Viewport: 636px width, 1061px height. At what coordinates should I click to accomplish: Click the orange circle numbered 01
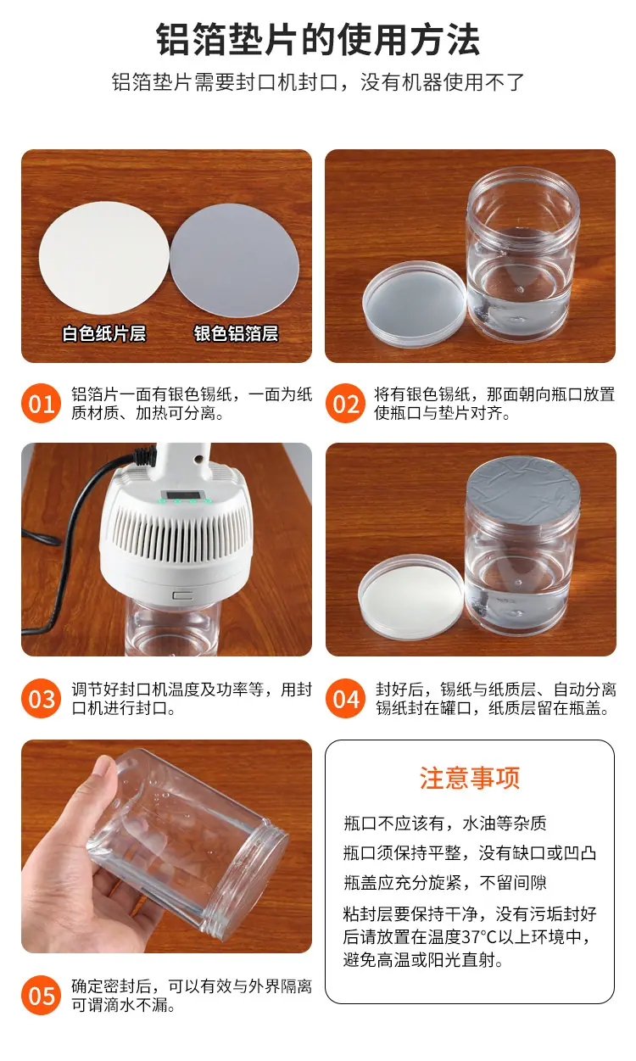[42, 403]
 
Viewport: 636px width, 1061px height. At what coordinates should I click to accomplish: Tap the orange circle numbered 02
[345, 403]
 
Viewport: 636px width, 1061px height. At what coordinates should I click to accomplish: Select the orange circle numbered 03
[42, 698]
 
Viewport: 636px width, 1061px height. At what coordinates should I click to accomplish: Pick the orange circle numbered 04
[345, 698]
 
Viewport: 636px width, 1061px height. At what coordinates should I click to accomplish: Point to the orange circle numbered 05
[42, 995]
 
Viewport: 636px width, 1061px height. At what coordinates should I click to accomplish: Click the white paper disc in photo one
[103, 258]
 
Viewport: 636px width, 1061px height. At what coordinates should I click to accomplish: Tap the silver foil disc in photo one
[235, 260]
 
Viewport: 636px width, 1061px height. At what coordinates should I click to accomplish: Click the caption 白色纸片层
[104, 333]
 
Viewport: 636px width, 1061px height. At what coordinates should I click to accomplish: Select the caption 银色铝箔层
[236, 333]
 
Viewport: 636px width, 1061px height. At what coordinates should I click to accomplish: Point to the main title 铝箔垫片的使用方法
[318, 40]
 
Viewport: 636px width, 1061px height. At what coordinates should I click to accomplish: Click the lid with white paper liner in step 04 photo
[410, 597]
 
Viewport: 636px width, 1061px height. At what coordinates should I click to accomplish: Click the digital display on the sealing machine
[186, 495]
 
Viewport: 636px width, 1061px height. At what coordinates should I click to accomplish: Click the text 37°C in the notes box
[479, 936]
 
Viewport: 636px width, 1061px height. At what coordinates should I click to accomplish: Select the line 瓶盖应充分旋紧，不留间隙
[444, 882]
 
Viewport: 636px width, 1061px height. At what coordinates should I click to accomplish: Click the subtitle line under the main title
[318, 82]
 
